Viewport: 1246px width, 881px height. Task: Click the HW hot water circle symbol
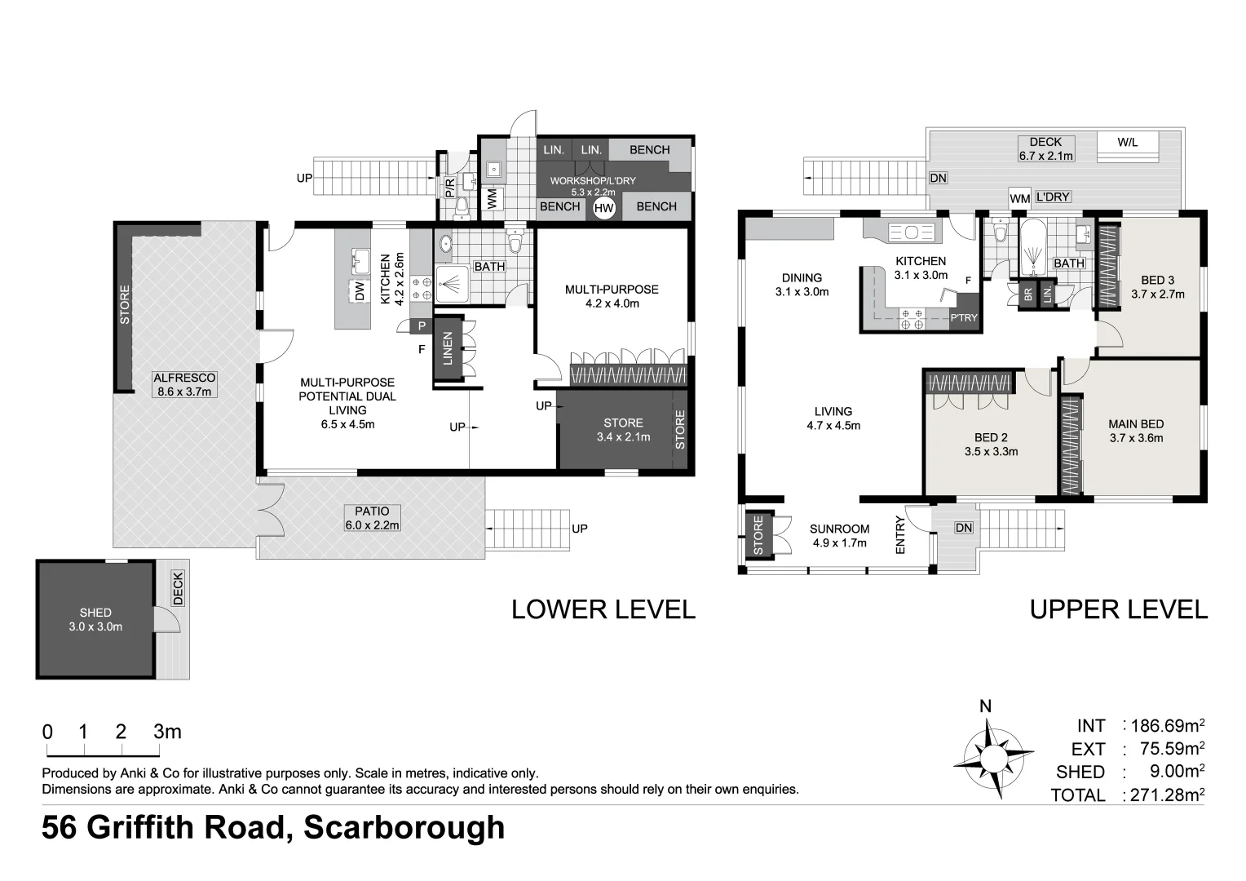[603, 208]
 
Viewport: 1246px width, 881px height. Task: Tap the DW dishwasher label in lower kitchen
[360, 290]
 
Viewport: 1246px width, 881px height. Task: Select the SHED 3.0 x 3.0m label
[95, 620]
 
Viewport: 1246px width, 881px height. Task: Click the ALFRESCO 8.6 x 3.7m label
[184, 384]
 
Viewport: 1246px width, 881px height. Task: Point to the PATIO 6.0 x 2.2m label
[372, 518]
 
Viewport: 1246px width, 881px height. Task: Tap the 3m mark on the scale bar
[166, 732]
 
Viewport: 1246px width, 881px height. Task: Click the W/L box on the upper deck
[1127, 142]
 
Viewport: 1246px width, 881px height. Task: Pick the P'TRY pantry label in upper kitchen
[963, 318]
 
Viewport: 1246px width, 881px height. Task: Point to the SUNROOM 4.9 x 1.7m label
[839, 535]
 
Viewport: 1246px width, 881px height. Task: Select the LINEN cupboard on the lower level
[447, 348]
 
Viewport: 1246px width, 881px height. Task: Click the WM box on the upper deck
[1019, 198]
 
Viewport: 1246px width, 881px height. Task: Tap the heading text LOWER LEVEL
[603, 609]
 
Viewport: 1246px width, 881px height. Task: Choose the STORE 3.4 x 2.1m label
[623, 430]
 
